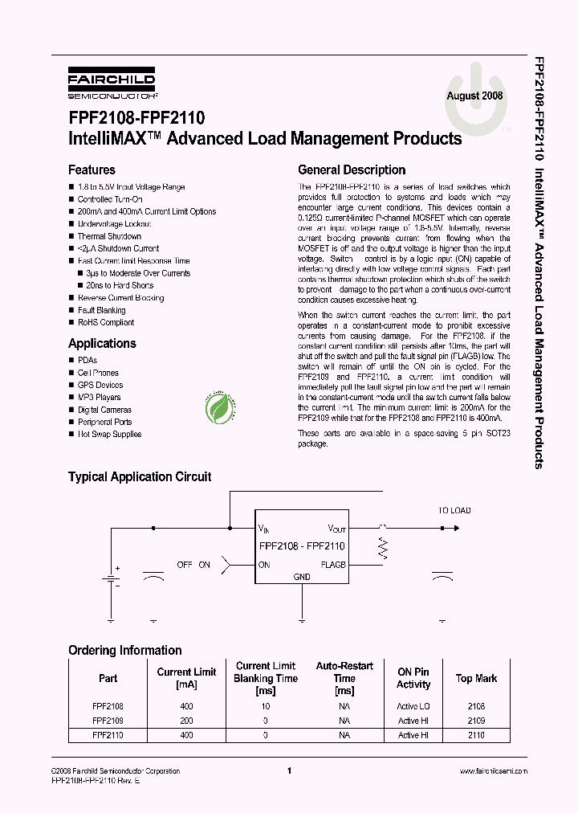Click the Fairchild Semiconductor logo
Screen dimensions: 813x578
(x=111, y=83)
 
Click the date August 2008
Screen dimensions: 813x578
(x=475, y=96)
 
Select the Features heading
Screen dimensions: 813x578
(x=92, y=170)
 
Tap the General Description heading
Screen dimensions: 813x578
(x=352, y=170)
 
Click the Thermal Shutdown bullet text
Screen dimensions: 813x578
(x=109, y=236)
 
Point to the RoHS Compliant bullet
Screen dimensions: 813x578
(x=105, y=322)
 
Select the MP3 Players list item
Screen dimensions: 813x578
(x=99, y=397)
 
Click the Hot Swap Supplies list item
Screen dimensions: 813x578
(x=109, y=434)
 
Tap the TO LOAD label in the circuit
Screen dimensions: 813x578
(x=454, y=510)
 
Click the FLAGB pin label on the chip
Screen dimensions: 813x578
(x=333, y=565)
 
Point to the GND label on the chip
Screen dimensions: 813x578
(x=302, y=577)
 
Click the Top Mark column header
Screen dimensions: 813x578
(x=476, y=679)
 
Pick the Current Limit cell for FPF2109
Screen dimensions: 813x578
(x=186, y=721)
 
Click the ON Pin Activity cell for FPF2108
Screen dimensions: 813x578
(x=413, y=706)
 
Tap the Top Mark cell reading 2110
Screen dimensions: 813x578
(x=476, y=735)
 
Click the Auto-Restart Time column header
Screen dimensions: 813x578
(x=344, y=678)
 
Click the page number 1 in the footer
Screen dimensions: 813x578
(x=288, y=770)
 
